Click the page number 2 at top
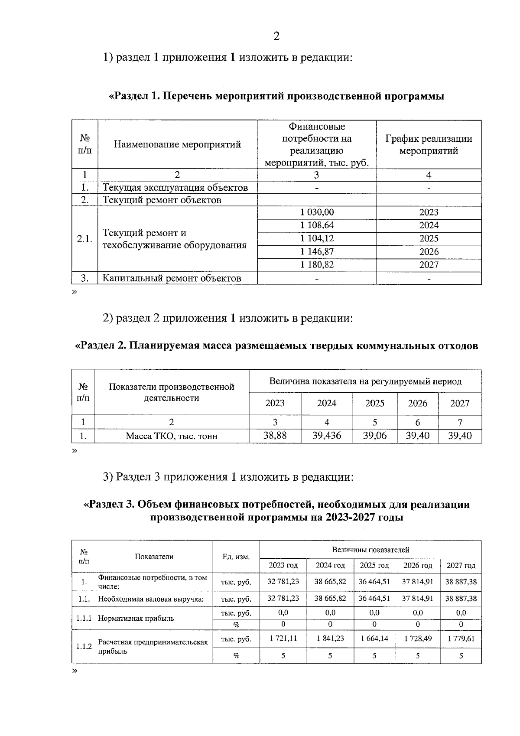[x=276, y=36]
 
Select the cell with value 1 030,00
[x=317, y=212]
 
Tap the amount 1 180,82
[x=317, y=265]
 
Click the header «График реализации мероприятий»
[x=428, y=145]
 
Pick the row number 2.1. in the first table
[x=84, y=239]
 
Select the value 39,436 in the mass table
[x=327, y=436]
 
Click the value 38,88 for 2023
[x=275, y=436]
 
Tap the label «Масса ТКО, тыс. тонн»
[x=172, y=436]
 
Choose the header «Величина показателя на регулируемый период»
[x=365, y=381]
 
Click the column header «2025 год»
[x=375, y=565]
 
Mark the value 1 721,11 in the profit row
[x=283, y=638]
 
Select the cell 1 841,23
[x=330, y=638]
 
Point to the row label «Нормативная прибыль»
[x=136, y=618]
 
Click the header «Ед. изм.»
[x=236, y=557]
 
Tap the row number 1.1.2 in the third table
[x=84, y=646]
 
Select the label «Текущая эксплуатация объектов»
[x=175, y=188]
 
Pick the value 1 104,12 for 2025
[x=317, y=238]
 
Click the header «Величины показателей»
[x=370, y=550]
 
